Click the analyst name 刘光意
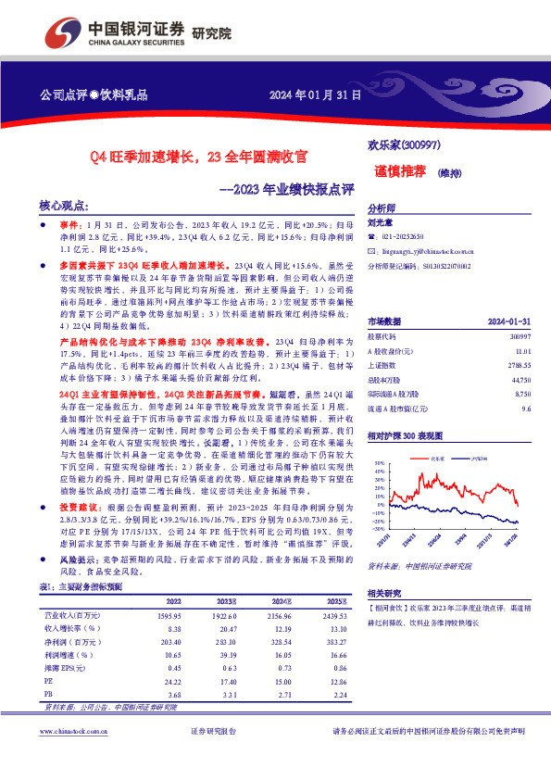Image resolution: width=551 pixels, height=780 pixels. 381,222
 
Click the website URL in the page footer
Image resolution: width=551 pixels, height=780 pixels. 75,757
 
